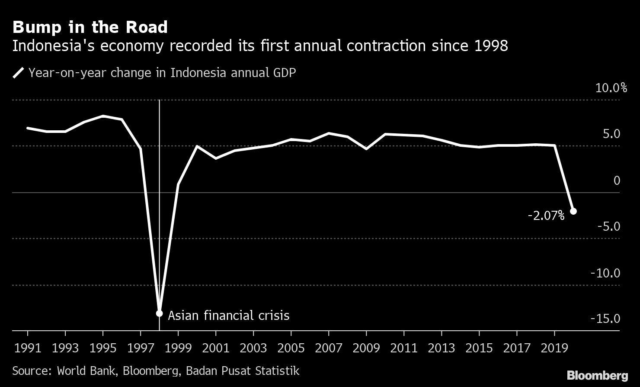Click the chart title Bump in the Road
(x=90, y=28)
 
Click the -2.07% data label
(x=546, y=216)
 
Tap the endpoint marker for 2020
(x=573, y=211)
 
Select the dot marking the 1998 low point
(x=159, y=313)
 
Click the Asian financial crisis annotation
(x=228, y=315)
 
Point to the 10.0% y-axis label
(x=611, y=88)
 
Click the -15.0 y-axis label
(x=605, y=319)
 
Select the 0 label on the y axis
(x=617, y=181)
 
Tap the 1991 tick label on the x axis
(x=28, y=348)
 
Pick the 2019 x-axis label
(x=554, y=348)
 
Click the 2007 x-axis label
(x=329, y=348)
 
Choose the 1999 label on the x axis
(x=178, y=348)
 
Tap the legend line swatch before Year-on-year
(x=18, y=73)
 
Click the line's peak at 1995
(x=103, y=116)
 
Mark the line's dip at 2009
(x=366, y=148)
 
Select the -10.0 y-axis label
(x=605, y=273)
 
